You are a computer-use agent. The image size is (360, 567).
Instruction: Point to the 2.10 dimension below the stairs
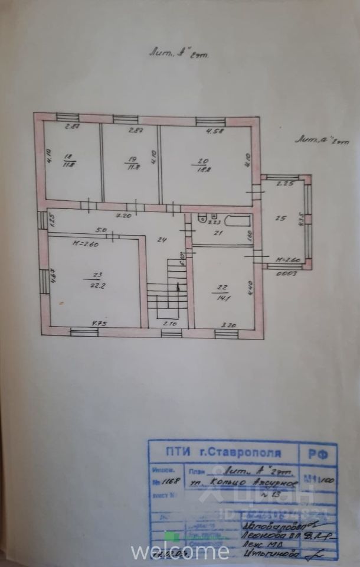(x=170, y=323)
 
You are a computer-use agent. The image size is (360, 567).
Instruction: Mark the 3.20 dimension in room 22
(x=228, y=324)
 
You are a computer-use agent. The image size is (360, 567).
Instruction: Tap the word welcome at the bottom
(x=179, y=552)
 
